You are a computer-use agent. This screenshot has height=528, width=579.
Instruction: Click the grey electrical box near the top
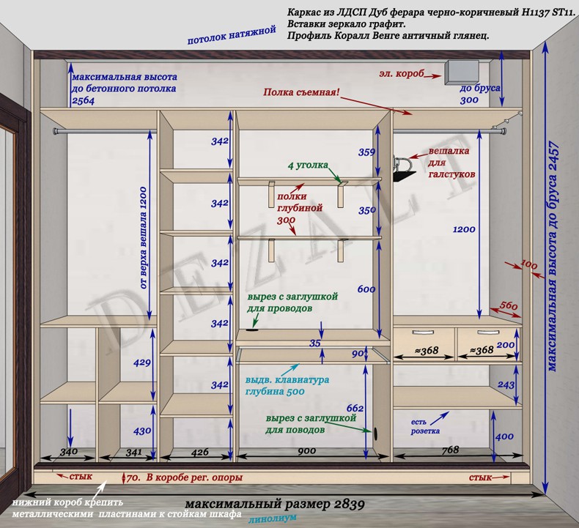[x=460, y=72]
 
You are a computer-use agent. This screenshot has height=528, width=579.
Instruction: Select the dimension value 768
[x=450, y=450]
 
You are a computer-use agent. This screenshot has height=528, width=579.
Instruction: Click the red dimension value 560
[x=509, y=305]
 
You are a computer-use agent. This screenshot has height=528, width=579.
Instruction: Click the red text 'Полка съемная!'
[x=302, y=93]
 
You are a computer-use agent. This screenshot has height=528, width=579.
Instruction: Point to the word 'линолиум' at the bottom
[x=272, y=518]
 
